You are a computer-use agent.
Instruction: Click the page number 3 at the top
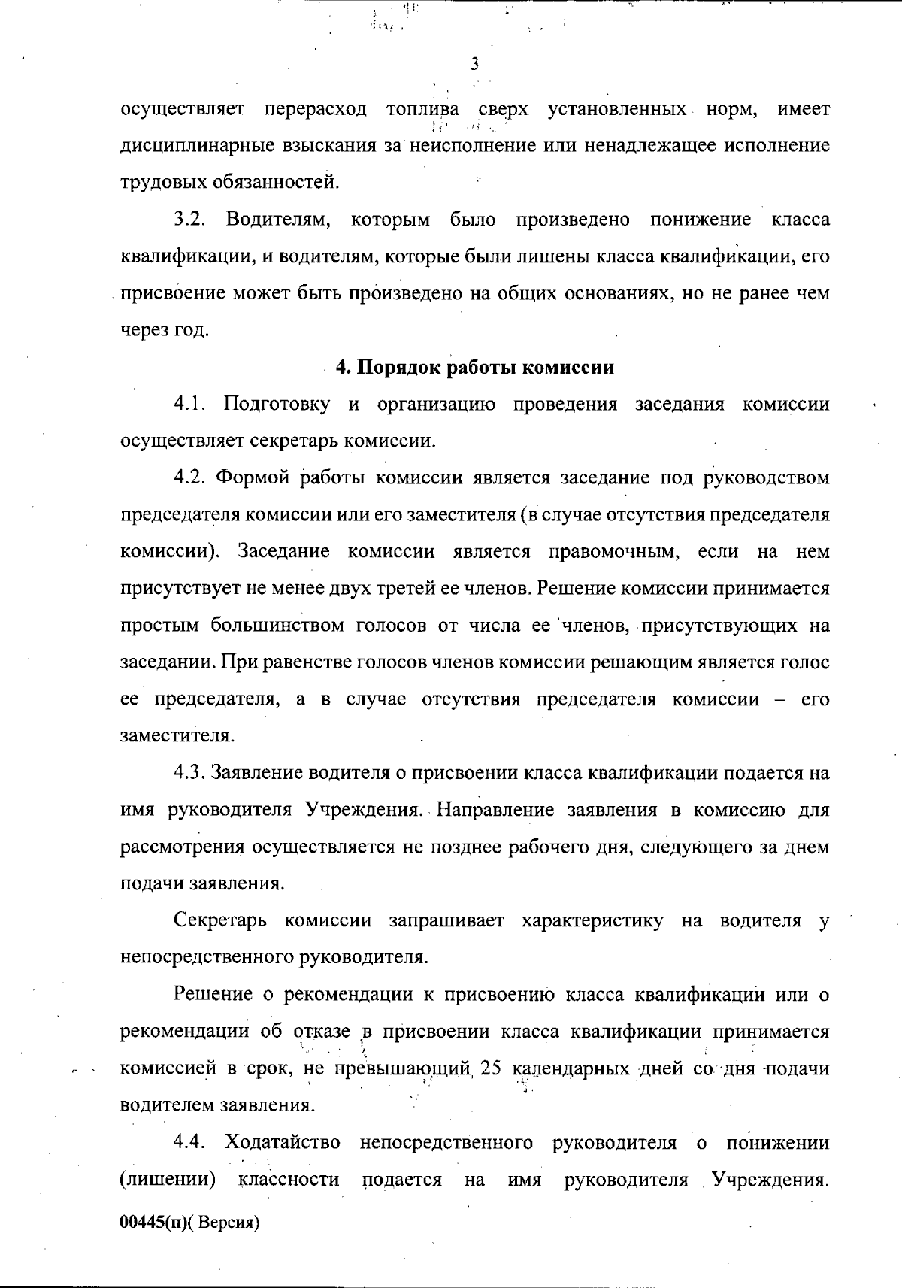474,64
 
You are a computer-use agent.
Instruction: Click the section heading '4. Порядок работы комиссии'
474,368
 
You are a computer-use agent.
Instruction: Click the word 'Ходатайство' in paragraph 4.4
282,1143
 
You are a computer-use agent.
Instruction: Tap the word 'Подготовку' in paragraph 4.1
277,405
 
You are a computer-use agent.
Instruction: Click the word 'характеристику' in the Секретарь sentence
592,921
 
